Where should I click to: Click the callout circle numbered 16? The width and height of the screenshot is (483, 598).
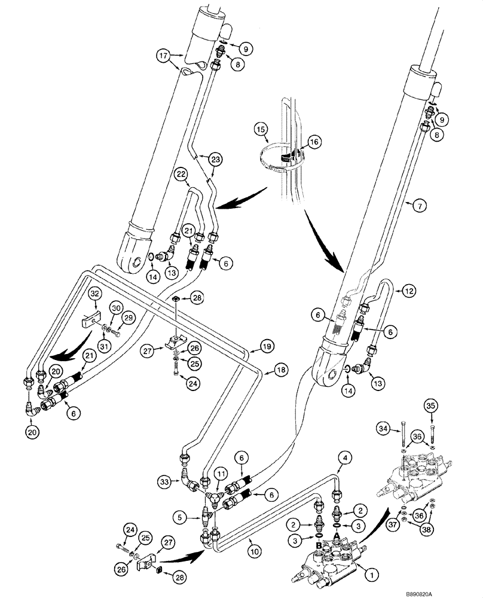click(314, 142)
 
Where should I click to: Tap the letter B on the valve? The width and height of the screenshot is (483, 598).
click(320, 545)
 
